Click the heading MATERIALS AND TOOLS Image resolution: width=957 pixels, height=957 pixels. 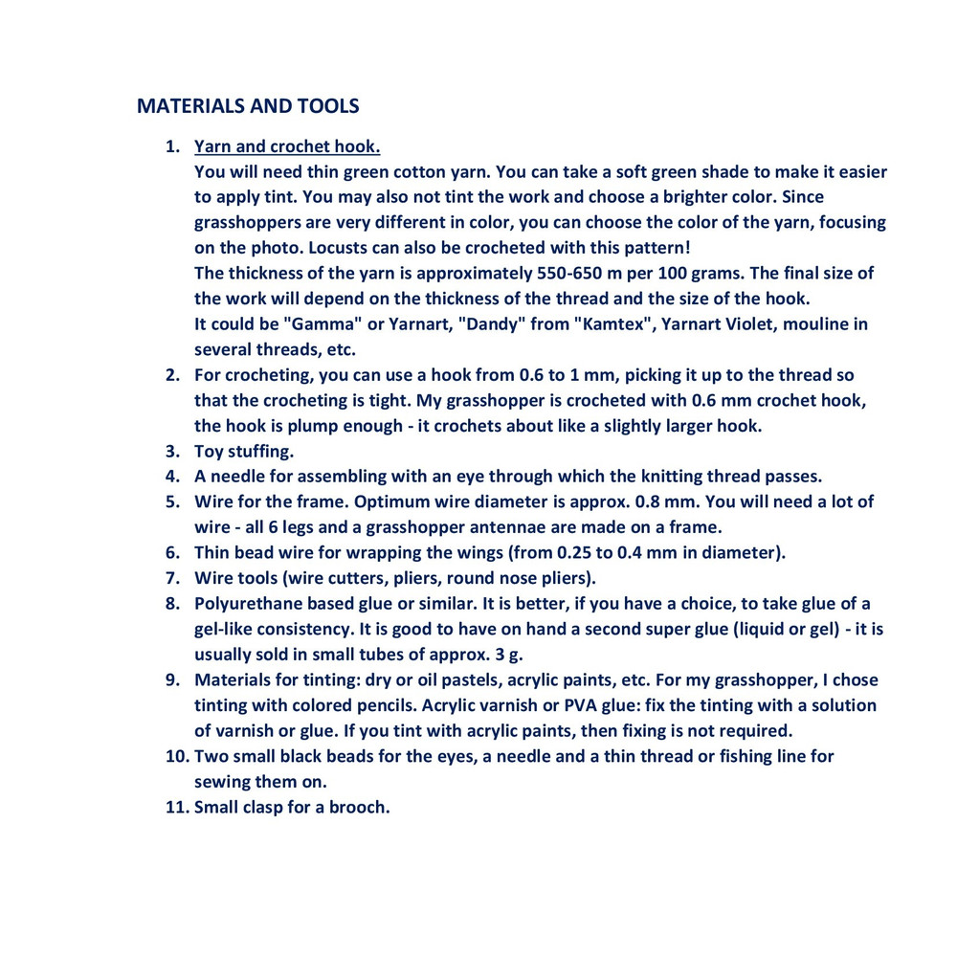coord(248,105)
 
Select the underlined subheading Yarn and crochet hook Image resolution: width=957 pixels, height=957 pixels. coord(287,146)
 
